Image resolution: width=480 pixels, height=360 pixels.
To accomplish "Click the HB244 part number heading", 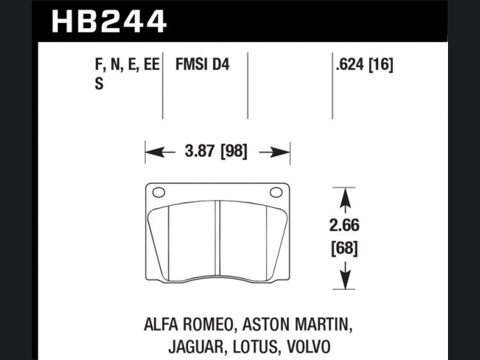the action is tap(109, 21).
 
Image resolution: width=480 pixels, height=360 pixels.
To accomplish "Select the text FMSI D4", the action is tap(202, 65).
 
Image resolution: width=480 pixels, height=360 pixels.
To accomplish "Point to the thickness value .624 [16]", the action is tap(364, 65).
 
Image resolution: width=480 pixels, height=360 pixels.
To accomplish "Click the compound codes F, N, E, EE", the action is tap(127, 65).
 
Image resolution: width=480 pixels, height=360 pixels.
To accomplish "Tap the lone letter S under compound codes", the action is tap(99, 84).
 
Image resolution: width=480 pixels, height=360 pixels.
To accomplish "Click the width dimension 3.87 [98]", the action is tap(216, 151).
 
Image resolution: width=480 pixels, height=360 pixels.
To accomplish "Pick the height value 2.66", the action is tap(344, 226).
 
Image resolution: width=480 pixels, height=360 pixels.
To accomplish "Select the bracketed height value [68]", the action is tap(345, 248).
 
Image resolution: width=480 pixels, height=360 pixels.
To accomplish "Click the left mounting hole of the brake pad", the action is tap(159, 192).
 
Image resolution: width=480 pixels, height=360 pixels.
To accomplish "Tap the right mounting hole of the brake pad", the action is tap(276, 192).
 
